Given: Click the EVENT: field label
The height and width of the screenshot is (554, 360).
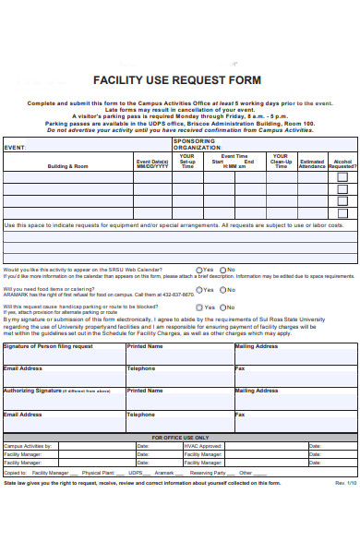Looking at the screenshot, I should [x=15, y=146].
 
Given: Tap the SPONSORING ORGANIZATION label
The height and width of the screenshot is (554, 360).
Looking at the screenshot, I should [x=197, y=145].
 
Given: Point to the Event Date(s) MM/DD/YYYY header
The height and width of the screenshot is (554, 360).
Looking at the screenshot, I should [x=152, y=163].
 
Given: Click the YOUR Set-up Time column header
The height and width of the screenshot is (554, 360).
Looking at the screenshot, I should [x=188, y=162].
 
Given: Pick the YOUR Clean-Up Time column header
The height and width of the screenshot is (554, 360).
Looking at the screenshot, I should [x=281, y=162].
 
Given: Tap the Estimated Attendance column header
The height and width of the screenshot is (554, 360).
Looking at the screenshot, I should [x=313, y=163].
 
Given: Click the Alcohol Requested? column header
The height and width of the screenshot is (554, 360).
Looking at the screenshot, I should [x=342, y=163].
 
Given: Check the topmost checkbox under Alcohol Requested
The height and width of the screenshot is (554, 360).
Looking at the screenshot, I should [x=342, y=176].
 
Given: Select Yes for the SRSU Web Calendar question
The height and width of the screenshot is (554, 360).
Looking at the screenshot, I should [x=198, y=270].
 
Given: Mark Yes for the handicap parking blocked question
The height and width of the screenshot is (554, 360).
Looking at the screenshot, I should [x=198, y=307].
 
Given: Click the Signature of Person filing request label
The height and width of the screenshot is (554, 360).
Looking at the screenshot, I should [x=48, y=346].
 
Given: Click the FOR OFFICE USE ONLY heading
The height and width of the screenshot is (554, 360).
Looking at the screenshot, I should [x=180, y=438].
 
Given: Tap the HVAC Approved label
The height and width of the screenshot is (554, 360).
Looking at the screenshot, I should [x=203, y=446].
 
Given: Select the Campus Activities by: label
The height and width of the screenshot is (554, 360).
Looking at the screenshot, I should [x=28, y=446].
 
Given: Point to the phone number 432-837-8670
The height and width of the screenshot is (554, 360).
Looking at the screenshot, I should [x=175, y=295].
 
